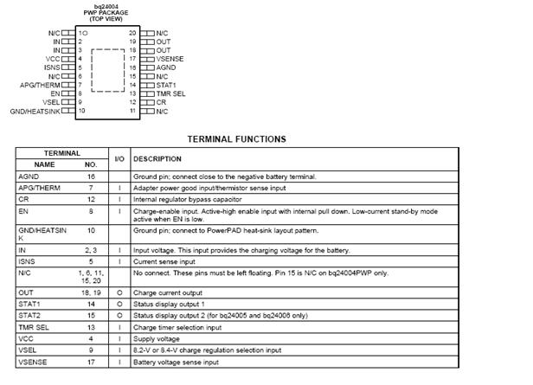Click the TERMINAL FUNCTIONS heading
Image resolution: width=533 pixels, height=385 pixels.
(236, 138)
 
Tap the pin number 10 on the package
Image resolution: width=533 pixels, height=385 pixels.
(81, 112)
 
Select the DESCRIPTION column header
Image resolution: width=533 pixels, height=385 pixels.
(157, 158)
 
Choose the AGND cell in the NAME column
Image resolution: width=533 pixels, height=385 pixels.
(29, 176)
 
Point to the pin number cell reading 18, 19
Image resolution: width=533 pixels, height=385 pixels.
(90, 293)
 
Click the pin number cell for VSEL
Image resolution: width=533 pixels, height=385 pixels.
(90, 350)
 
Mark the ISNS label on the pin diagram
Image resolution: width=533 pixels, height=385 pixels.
(53, 67)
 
